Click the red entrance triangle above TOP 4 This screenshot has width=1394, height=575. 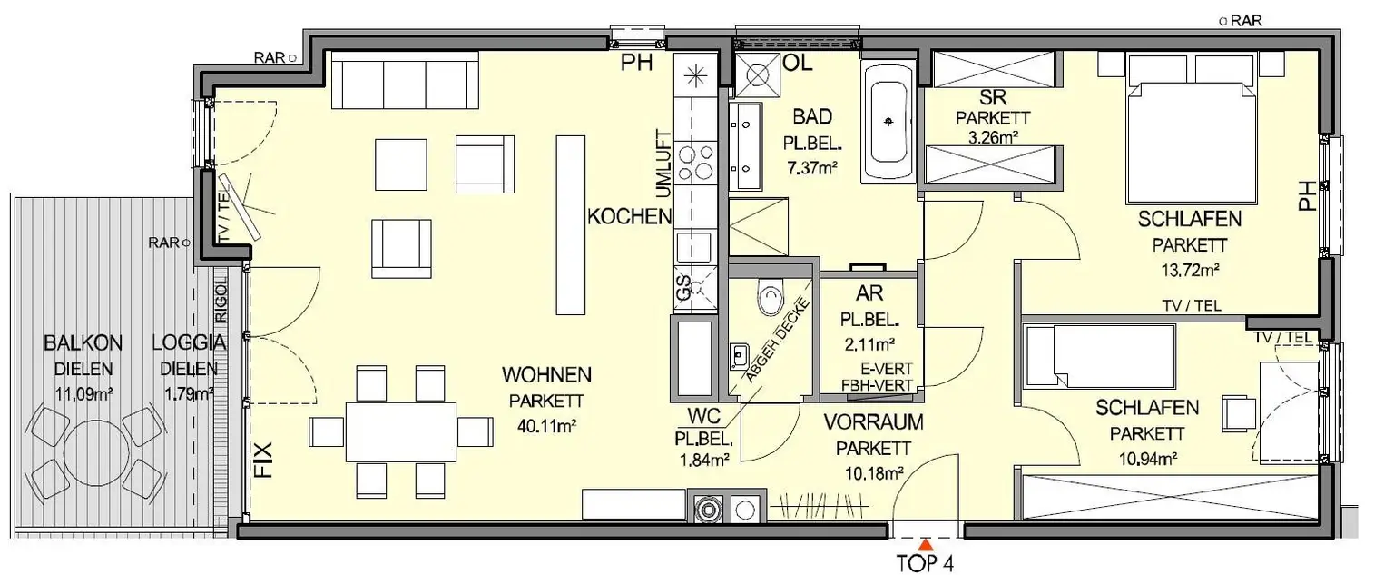point(924,545)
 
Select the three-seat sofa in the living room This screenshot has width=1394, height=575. point(405,81)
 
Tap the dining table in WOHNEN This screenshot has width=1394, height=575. point(400,431)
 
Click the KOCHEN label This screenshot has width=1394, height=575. point(629,216)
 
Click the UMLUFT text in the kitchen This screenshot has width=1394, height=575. point(662,160)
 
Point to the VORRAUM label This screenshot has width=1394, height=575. point(873,421)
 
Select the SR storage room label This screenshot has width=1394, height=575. point(989,98)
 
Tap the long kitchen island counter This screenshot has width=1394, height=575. point(570,224)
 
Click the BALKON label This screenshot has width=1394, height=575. point(83,343)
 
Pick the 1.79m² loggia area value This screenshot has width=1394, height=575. point(189,392)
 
